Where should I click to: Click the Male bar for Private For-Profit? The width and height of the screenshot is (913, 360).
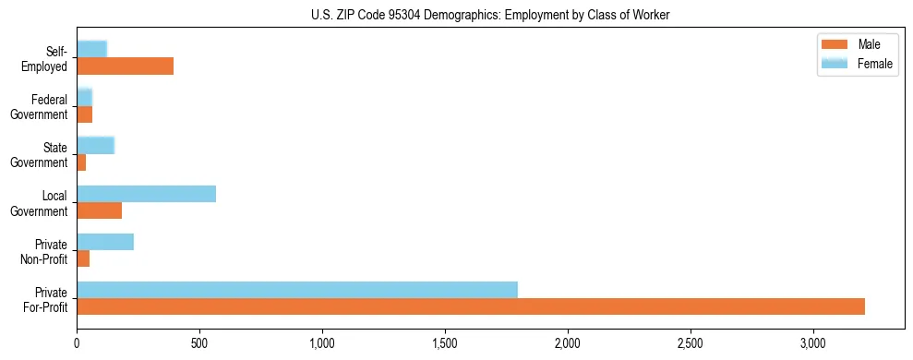click(471, 306)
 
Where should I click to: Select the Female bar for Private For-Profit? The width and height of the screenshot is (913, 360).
click(297, 290)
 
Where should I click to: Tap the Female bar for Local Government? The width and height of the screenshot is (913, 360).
click(146, 194)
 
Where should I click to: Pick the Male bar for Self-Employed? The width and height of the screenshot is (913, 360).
click(125, 66)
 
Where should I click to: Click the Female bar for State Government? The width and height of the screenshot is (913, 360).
click(95, 145)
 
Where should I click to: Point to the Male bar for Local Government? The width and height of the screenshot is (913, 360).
click(99, 210)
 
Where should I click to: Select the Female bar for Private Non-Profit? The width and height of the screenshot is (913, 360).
click(105, 242)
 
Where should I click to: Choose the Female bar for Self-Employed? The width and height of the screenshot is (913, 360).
click(91, 49)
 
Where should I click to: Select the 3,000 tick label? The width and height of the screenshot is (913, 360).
click(813, 343)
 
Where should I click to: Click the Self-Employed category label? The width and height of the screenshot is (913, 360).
click(43, 59)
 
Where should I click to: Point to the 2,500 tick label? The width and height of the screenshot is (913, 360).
click(691, 343)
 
